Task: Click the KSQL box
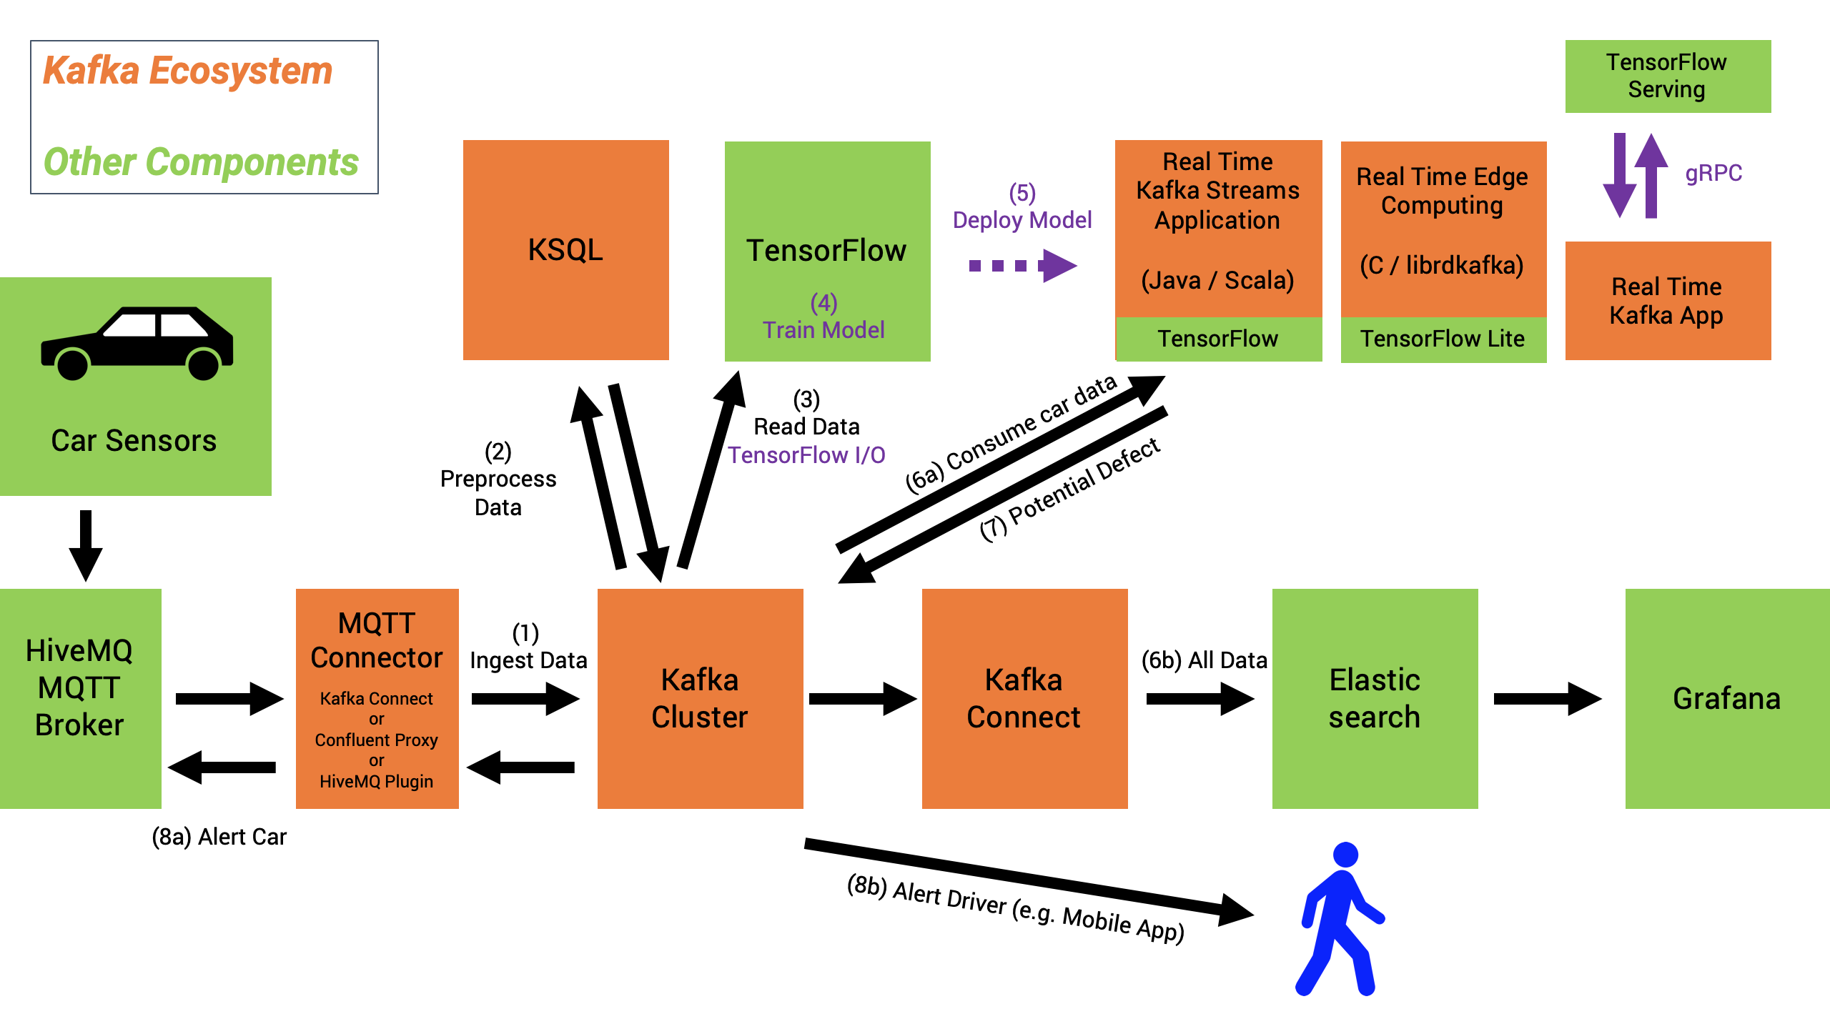point(565,250)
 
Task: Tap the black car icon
point(137,344)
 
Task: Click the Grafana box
point(1726,698)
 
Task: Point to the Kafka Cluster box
point(700,698)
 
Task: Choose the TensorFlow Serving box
point(1667,76)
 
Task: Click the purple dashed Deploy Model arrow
point(1022,266)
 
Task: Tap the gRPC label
point(1713,173)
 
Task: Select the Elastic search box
point(1375,698)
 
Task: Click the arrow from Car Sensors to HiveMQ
point(86,545)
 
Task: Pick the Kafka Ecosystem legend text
point(187,71)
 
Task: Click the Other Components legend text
point(201,162)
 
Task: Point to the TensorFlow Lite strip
point(1443,339)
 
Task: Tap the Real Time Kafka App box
point(1667,301)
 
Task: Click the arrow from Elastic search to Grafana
point(1547,698)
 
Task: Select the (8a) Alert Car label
point(219,836)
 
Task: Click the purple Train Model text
point(823,330)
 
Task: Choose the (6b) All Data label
point(1204,660)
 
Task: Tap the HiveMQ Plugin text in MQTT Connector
point(376,782)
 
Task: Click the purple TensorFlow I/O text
point(806,455)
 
